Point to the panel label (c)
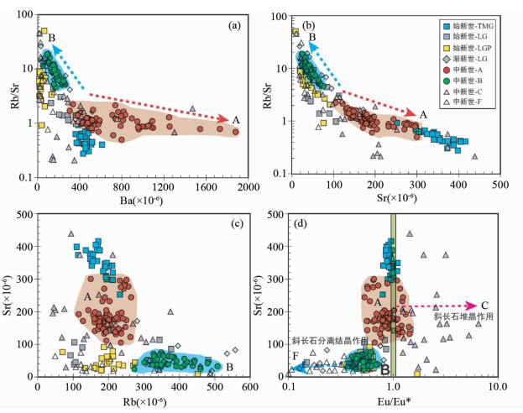pyautogui.click(x=238, y=223)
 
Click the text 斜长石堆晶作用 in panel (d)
pyautogui.click(x=462, y=317)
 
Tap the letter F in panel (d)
pyautogui.click(x=295, y=357)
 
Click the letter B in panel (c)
pyautogui.click(x=229, y=367)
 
